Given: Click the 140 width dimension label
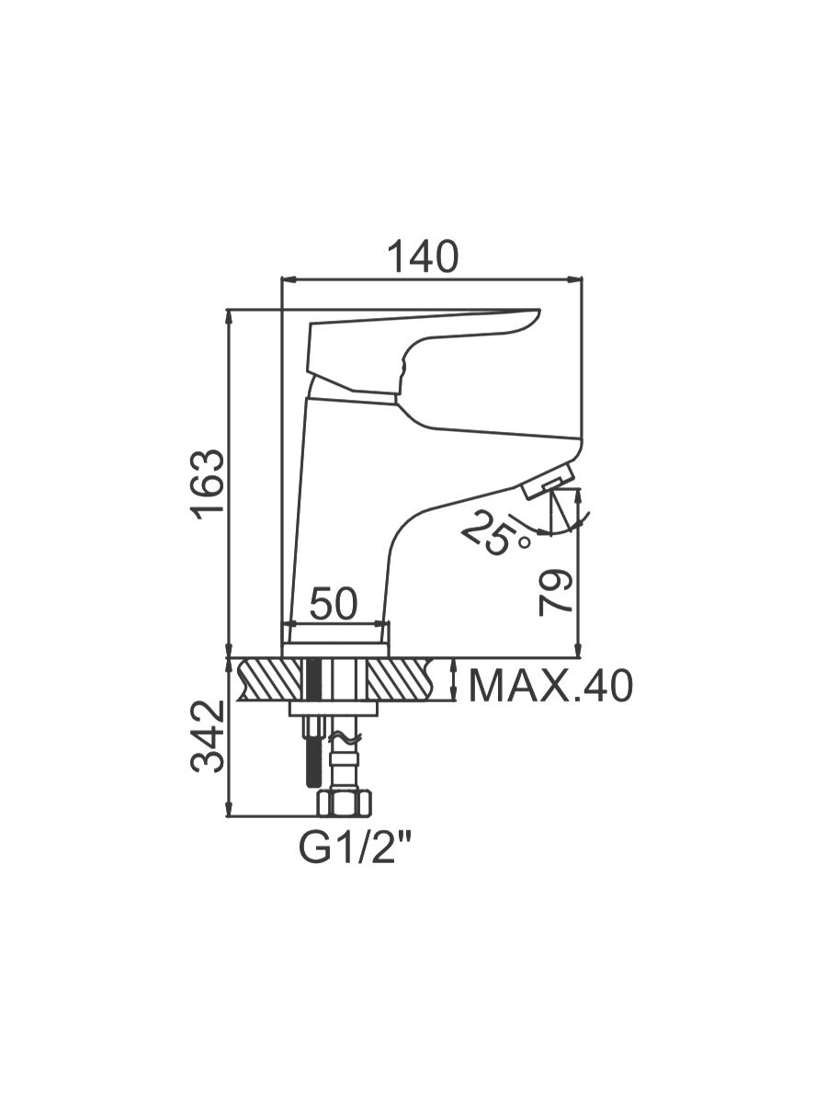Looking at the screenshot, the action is point(425,256).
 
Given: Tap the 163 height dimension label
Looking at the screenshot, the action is point(208,485).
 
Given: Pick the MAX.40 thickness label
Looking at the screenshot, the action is point(550,687).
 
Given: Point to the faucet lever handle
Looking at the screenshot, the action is point(425,353).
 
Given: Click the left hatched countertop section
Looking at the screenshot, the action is point(271,680).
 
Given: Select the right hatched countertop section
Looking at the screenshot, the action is point(401,680).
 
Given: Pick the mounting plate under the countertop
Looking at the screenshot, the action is point(333,709).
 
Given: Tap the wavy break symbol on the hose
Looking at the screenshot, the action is point(345,739).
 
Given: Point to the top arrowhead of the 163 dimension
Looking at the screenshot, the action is point(230,316).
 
